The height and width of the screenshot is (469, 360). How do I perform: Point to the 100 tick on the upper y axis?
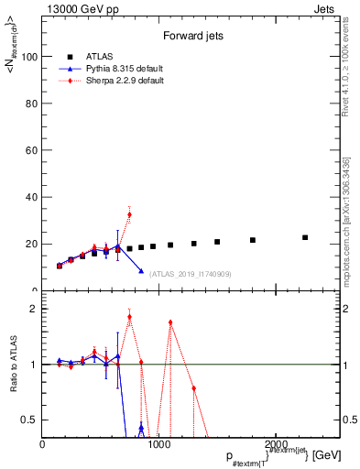click(x=30, y=57)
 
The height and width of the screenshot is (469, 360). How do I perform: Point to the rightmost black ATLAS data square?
click(x=305, y=237)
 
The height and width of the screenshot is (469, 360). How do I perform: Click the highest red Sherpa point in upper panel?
click(x=129, y=214)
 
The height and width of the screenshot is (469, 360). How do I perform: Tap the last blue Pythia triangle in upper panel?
click(x=141, y=271)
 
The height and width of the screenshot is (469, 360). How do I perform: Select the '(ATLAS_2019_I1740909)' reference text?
click(x=191, y=273)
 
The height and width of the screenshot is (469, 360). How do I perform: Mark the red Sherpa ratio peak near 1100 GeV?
click(x=170, y=322)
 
